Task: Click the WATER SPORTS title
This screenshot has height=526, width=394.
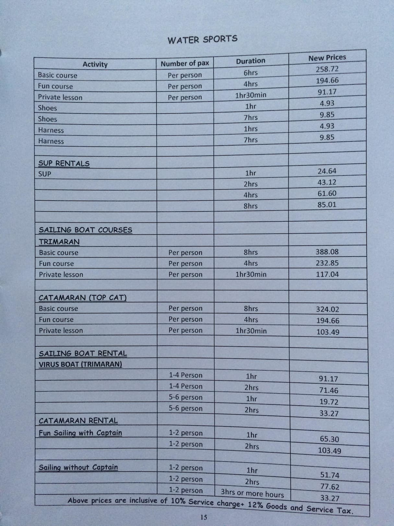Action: [x=202, y=40]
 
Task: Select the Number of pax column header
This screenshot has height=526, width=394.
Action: [x=185, y=63]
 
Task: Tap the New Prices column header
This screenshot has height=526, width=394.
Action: [x=327, y=58]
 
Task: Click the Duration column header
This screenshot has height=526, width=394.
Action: [x=250, y=61]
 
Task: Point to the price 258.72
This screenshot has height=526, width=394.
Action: [x=327, y=69]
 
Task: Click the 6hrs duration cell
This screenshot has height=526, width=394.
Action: [x=250, y=73]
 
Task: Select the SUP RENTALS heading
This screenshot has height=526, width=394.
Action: [x=64, y=163]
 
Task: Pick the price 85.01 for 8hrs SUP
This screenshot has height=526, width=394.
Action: [x=327, y=205]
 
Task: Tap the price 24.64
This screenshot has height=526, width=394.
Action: [x=327, y=171]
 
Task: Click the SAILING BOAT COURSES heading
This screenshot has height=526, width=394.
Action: [x=86, y=230]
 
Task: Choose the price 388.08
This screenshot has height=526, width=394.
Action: [x=327, y=252]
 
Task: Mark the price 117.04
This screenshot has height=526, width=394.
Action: [x=328, y=274]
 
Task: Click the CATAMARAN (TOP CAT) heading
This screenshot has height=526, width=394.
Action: [x=83, y=298]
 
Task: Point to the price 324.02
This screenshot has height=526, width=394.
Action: [x=328, y=309]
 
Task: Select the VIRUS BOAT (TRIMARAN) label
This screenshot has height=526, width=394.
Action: [x=80, y=364]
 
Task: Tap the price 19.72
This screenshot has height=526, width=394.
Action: [x=329, y=402]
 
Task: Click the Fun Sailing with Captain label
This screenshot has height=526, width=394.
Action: [x=80, y=433]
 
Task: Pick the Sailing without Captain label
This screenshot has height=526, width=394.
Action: [x=78, y=467]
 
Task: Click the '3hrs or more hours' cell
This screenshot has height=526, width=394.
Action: [x=252, y=493]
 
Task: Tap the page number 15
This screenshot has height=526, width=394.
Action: [x=204, y=517]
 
